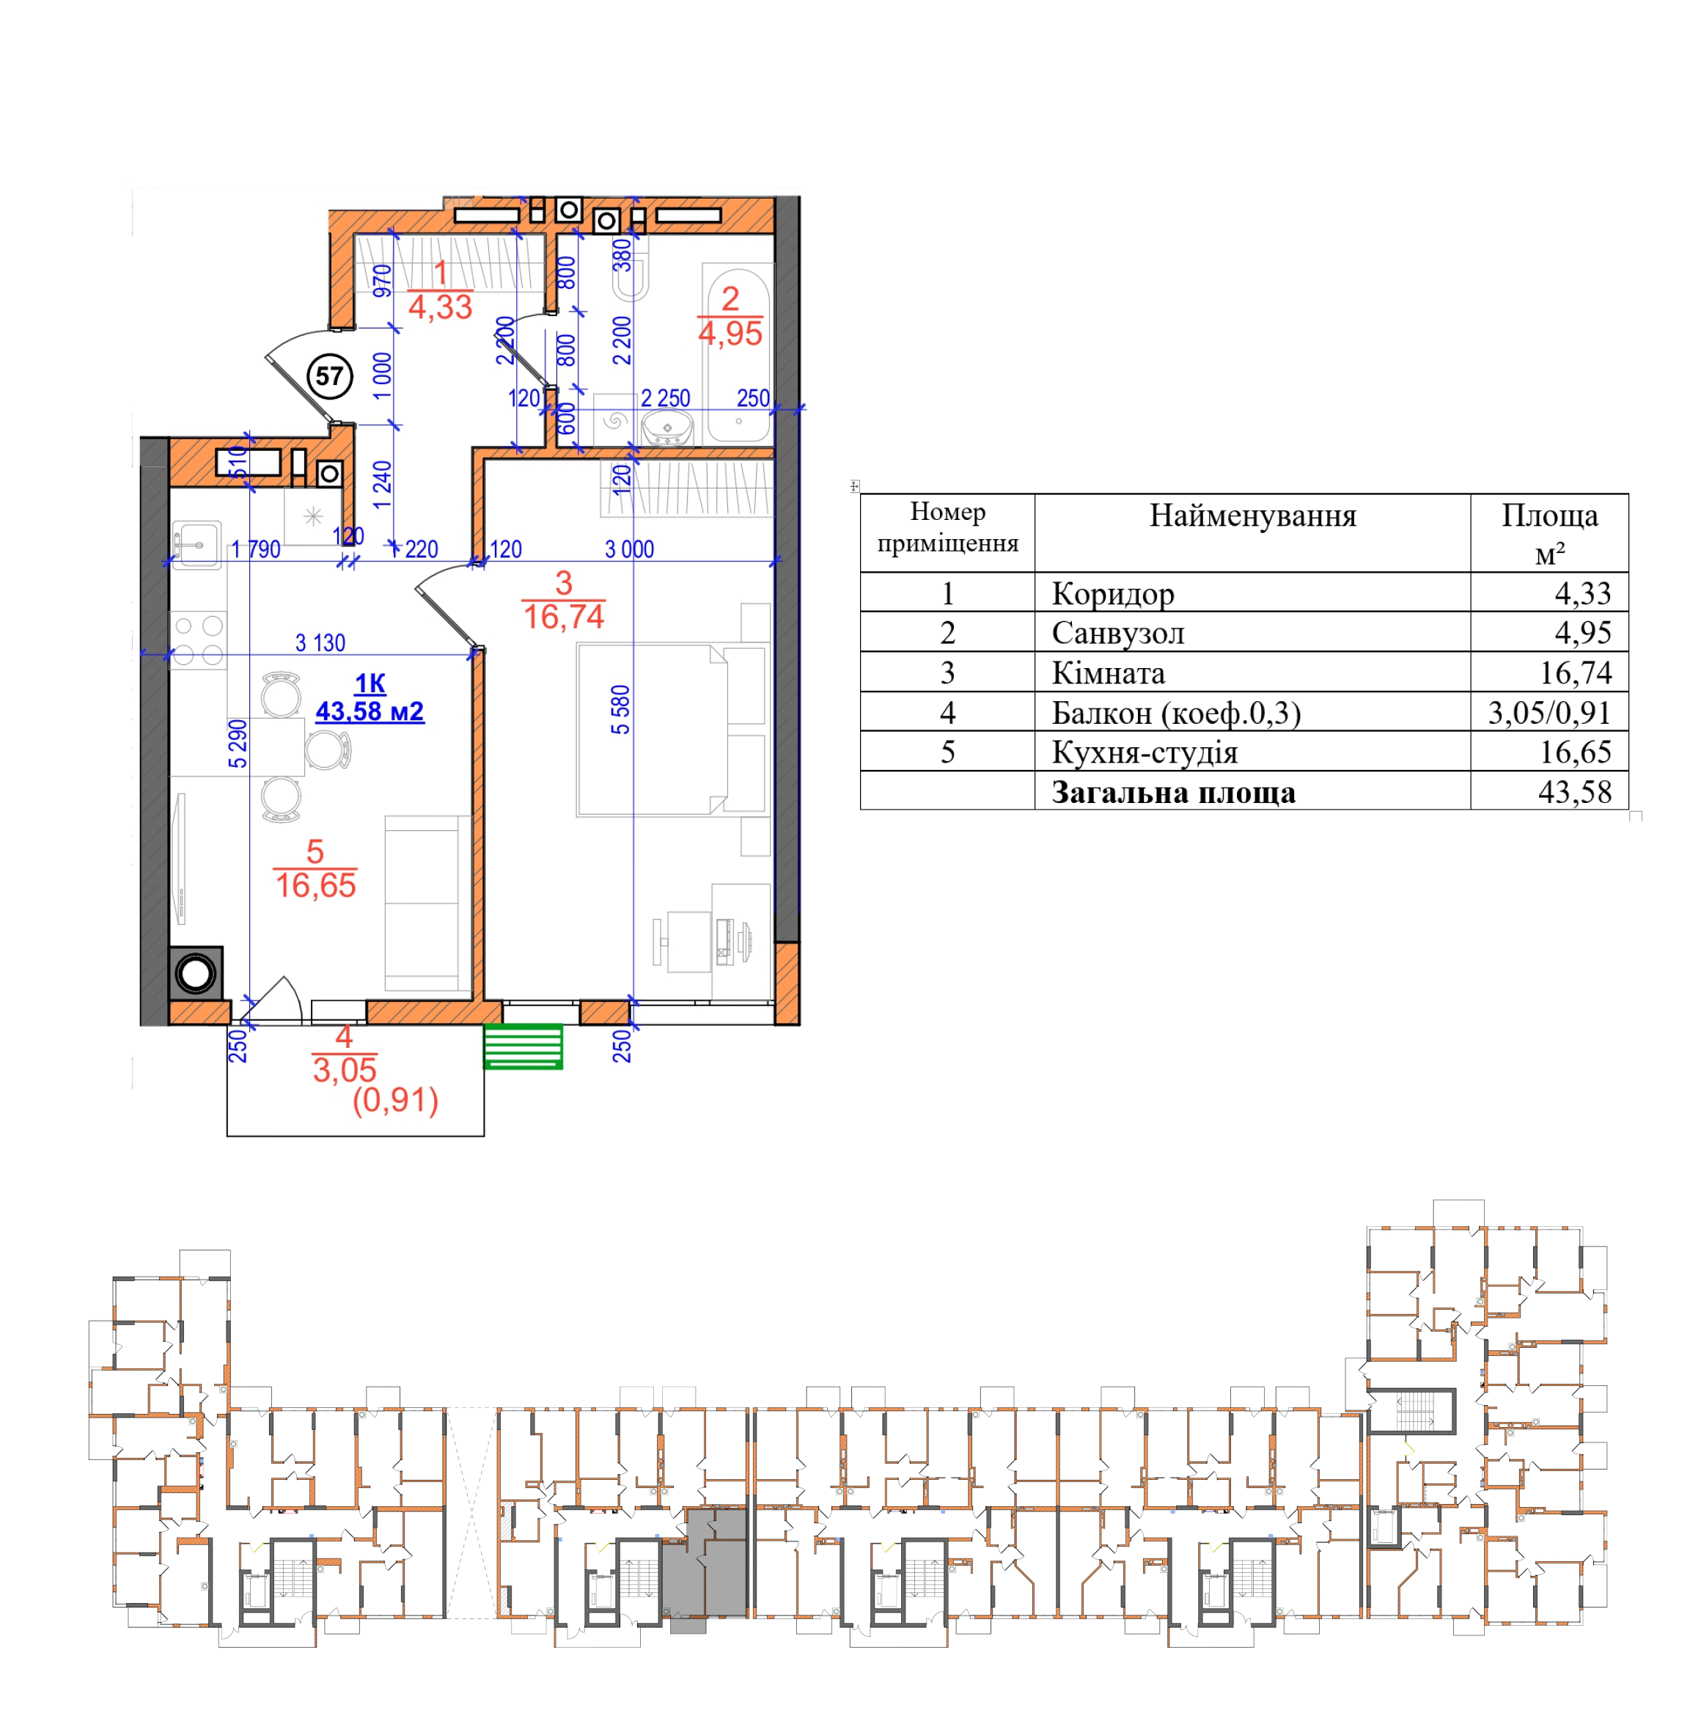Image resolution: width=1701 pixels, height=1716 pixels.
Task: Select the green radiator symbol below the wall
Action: pos(523,1046)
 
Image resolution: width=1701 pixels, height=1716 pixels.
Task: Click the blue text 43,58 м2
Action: pos(370,712)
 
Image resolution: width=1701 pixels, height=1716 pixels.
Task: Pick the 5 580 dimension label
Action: pos(621,710)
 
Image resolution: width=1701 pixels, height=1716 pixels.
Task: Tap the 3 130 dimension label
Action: pos(320,642)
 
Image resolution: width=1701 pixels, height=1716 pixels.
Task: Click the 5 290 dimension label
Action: pos(238,744)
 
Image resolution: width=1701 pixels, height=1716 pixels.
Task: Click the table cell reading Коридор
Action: pos(1113,593)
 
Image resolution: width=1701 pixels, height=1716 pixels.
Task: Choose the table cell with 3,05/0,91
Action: pos(1549,712)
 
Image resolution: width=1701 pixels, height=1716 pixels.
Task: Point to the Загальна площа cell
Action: pos(1173,792)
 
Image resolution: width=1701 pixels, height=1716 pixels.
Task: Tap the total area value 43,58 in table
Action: pos(1575,792)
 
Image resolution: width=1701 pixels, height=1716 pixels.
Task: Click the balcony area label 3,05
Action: pos(345,1069)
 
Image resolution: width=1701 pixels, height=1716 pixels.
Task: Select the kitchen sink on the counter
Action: pos(196,544)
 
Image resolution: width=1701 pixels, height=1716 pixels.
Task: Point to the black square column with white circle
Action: pos(196,973)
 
